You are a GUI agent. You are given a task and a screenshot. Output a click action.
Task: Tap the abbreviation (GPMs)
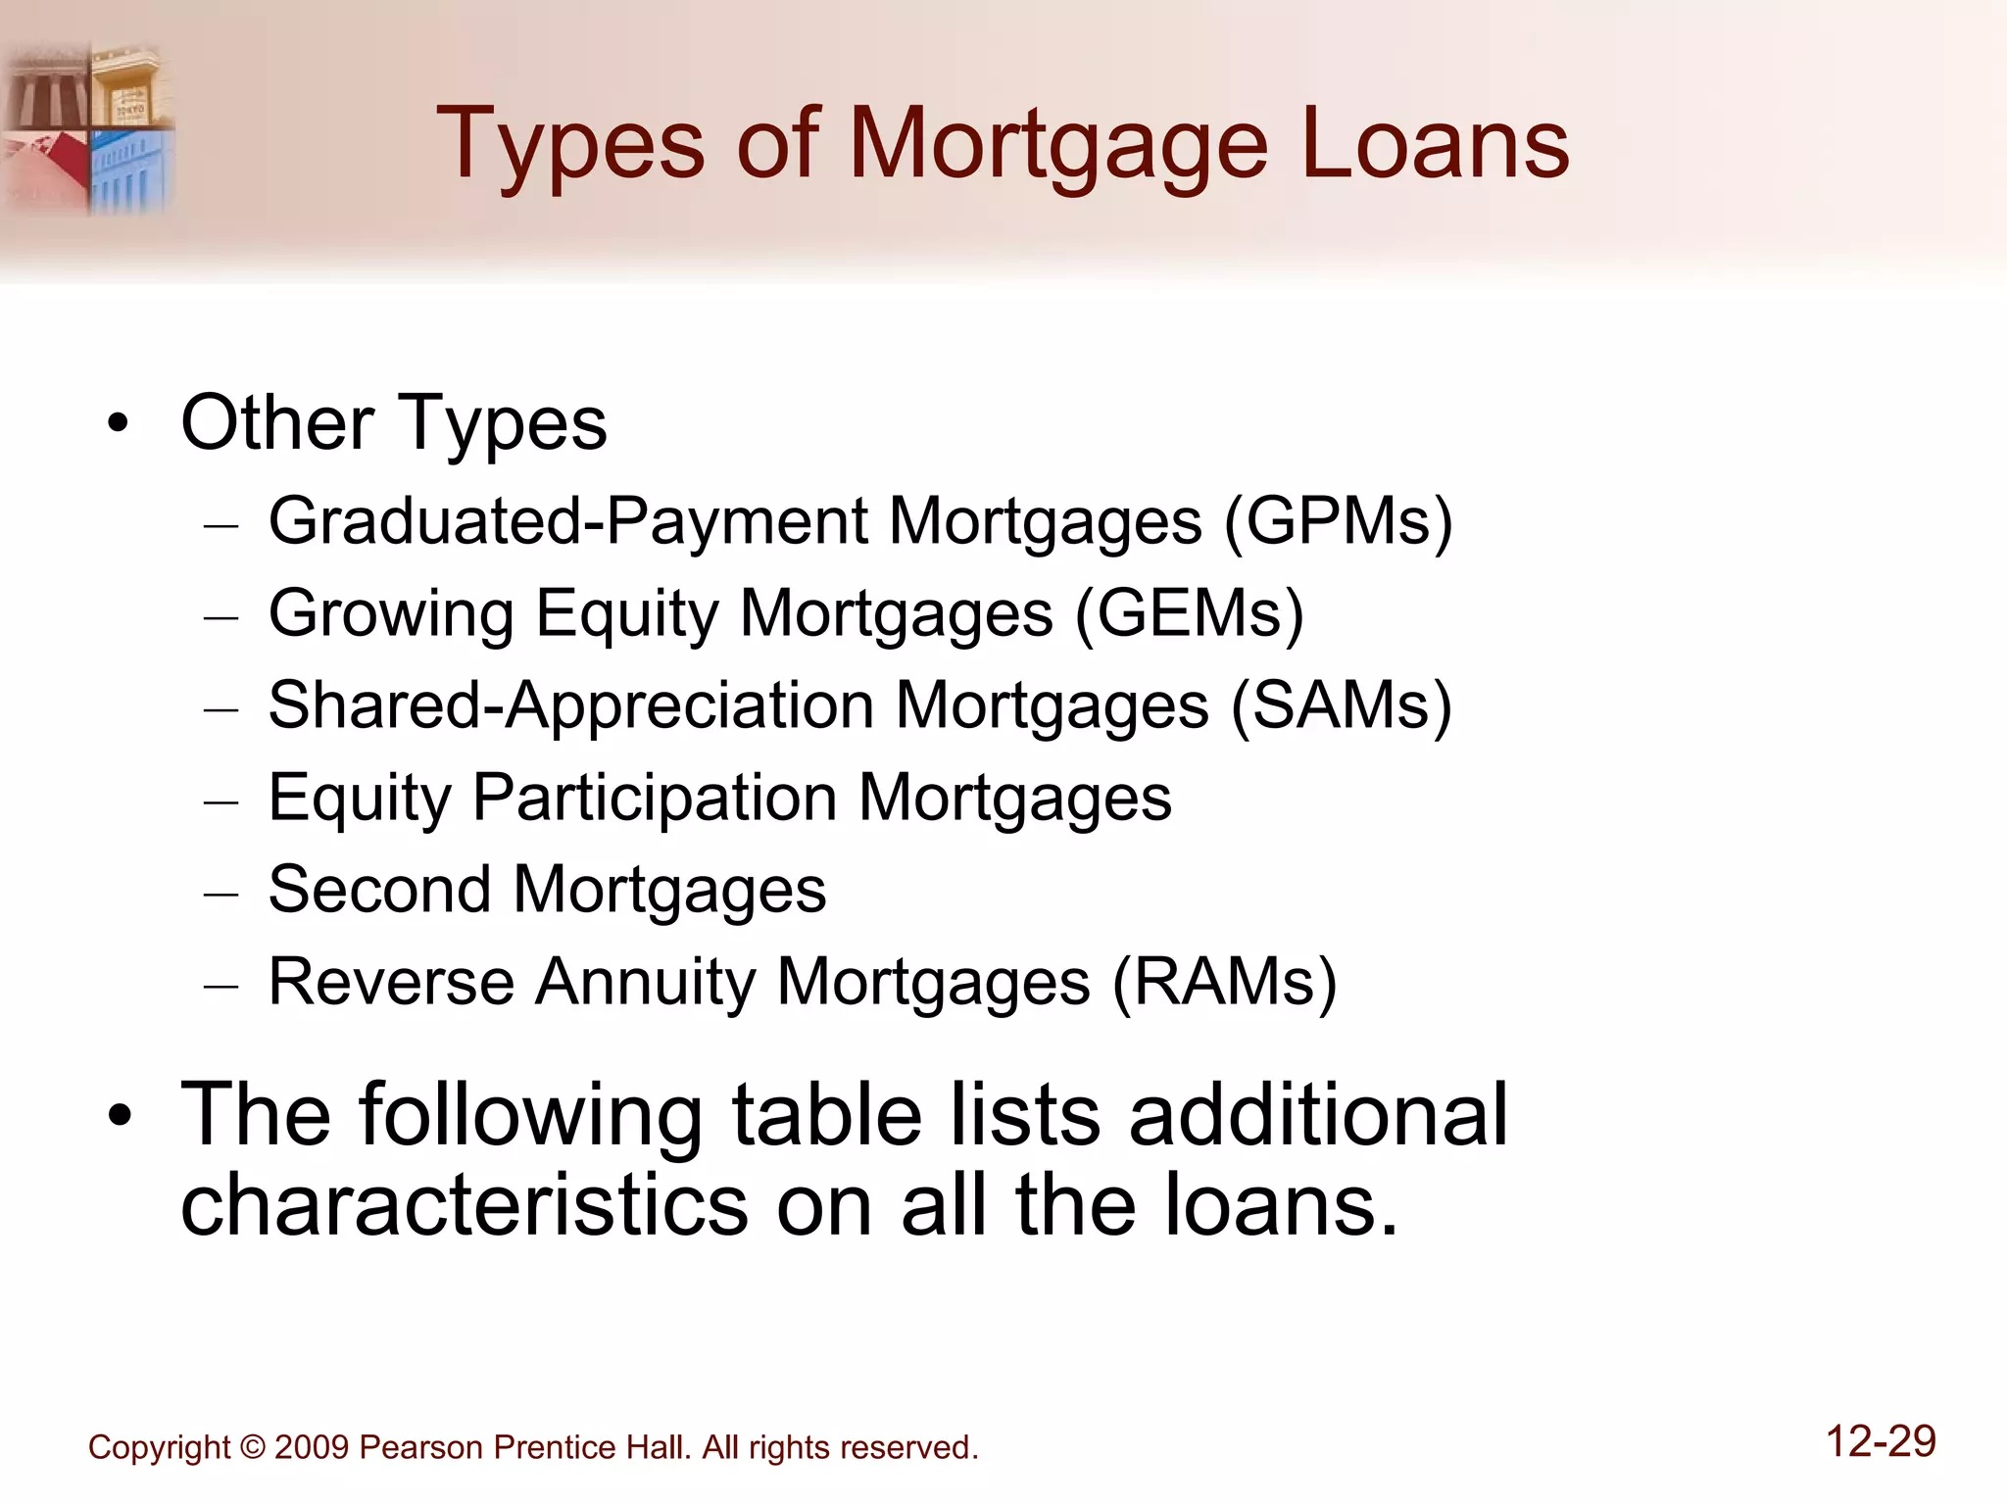pyautogui.click(x=1338, y=521)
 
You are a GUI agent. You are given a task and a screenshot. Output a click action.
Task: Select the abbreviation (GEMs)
pyautogui.click(x=1189, y=614)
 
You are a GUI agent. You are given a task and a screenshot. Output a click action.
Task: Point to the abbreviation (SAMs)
pyautogui.click(x=1341, y=706)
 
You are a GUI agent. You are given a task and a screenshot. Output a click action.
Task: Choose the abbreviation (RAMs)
pyautogui.click(x=1224, y=983)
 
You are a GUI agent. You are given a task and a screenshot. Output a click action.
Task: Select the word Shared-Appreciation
pyautogui.click(x=571, y=706)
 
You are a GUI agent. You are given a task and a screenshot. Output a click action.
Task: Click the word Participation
pyautogui.click(x=655, y=799)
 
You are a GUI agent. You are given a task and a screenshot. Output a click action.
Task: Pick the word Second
pyautogui.click(x=379, y=890)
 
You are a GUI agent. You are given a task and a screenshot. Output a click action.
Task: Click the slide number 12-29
pyautogui.click(x=1881, y=1441)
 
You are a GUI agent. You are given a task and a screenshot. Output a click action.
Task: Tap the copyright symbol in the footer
pyautogui.click(x=252, y=1447)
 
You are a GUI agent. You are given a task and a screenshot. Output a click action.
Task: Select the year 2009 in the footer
pyautogui.click(x=312, y=1447)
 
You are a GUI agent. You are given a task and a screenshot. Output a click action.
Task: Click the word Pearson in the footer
pyautogui.click(x=421, y=1447)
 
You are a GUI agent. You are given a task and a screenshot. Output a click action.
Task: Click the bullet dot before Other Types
pyautogui.click(x=119, y=424)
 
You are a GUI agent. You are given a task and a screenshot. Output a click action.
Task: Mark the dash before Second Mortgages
pyautogui.click(x=221, y=894)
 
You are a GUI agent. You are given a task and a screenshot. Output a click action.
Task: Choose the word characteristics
pyautogui.click(x=465, y=1205)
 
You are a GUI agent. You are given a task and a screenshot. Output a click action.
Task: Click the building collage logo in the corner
pyautogui.click(x=88, y=127)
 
